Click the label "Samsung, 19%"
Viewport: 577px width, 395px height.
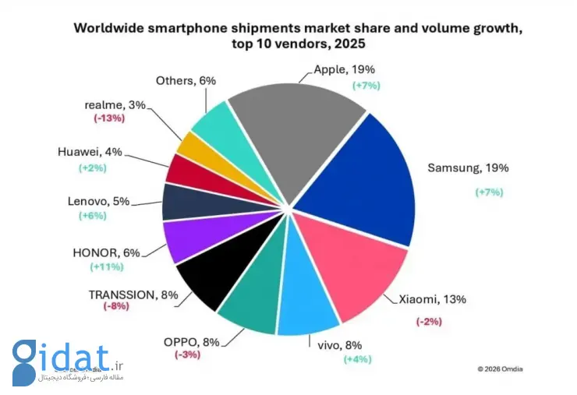tap(458, 168)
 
